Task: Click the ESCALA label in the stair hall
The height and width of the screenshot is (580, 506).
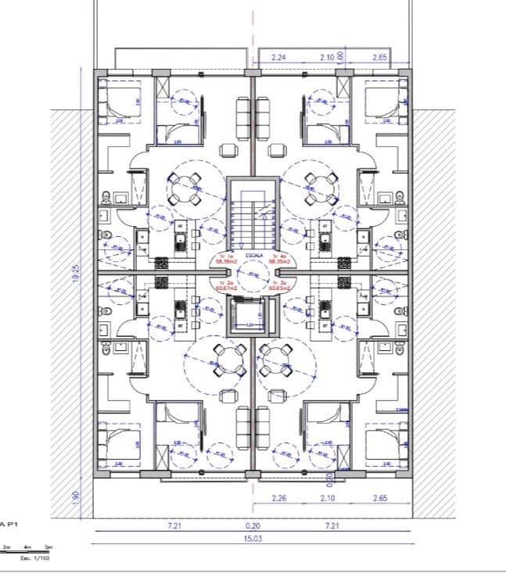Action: point(253,255)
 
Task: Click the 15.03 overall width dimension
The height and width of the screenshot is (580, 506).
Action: point(253,538)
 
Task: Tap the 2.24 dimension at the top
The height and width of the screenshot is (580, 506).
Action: point(278,58)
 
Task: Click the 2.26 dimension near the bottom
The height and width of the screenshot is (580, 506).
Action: point(278,498)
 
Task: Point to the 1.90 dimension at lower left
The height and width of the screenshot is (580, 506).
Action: point(75,498)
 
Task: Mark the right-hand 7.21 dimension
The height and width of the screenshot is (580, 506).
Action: point(332,526)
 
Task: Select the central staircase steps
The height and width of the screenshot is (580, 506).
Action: point(252,220)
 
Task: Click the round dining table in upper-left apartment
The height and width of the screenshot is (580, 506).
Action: point(186,186)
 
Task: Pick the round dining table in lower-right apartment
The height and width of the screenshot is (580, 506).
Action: point(277,360)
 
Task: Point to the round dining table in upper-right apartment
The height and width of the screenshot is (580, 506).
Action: point(319,186)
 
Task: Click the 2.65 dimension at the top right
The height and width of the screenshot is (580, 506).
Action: point(381,58)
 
